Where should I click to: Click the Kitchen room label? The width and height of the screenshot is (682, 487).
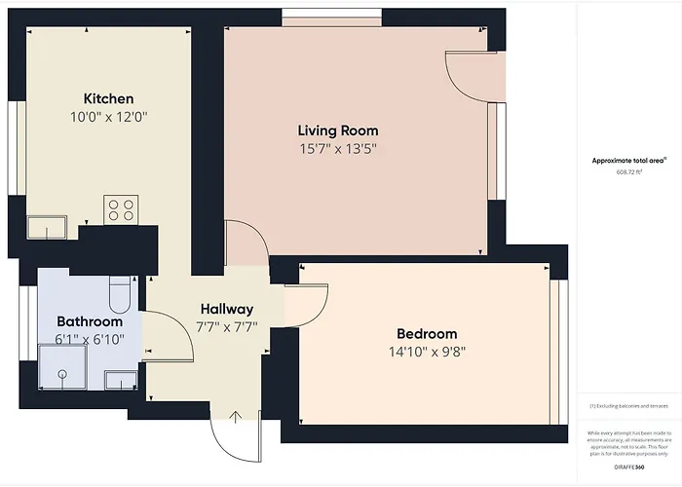108,98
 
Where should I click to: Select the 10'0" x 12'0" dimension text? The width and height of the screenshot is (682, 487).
108,117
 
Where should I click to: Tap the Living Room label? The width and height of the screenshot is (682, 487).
338,130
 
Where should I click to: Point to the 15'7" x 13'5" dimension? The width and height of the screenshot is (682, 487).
338,149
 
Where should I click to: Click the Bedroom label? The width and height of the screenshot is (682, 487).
427,333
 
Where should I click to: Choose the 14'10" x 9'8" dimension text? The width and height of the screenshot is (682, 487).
427,352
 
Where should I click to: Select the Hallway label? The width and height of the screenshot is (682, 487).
227,309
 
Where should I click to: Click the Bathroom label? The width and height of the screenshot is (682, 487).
90,321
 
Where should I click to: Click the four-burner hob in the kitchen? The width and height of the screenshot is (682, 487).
122,208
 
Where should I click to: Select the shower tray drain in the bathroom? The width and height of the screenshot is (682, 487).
60,373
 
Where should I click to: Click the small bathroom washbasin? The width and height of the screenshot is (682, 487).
120,378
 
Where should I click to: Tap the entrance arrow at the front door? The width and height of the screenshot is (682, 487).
235,418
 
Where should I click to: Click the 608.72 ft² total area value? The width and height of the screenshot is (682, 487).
630,171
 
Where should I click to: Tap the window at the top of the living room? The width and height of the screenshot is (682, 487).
331,18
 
